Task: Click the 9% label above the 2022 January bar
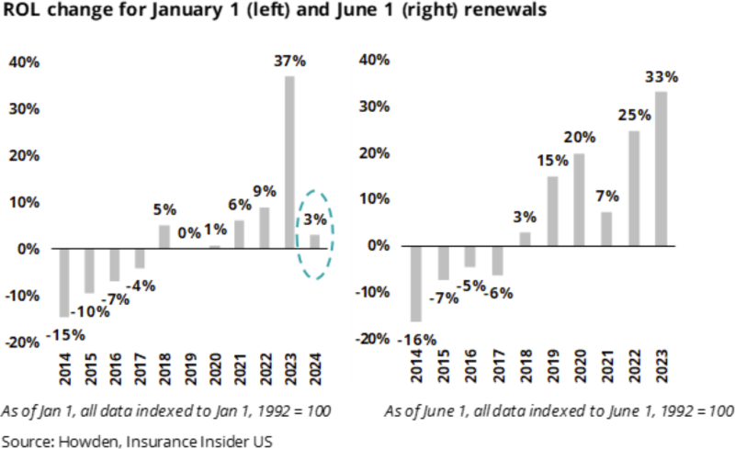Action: (264, 192)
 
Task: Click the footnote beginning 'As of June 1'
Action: (558, 410)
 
